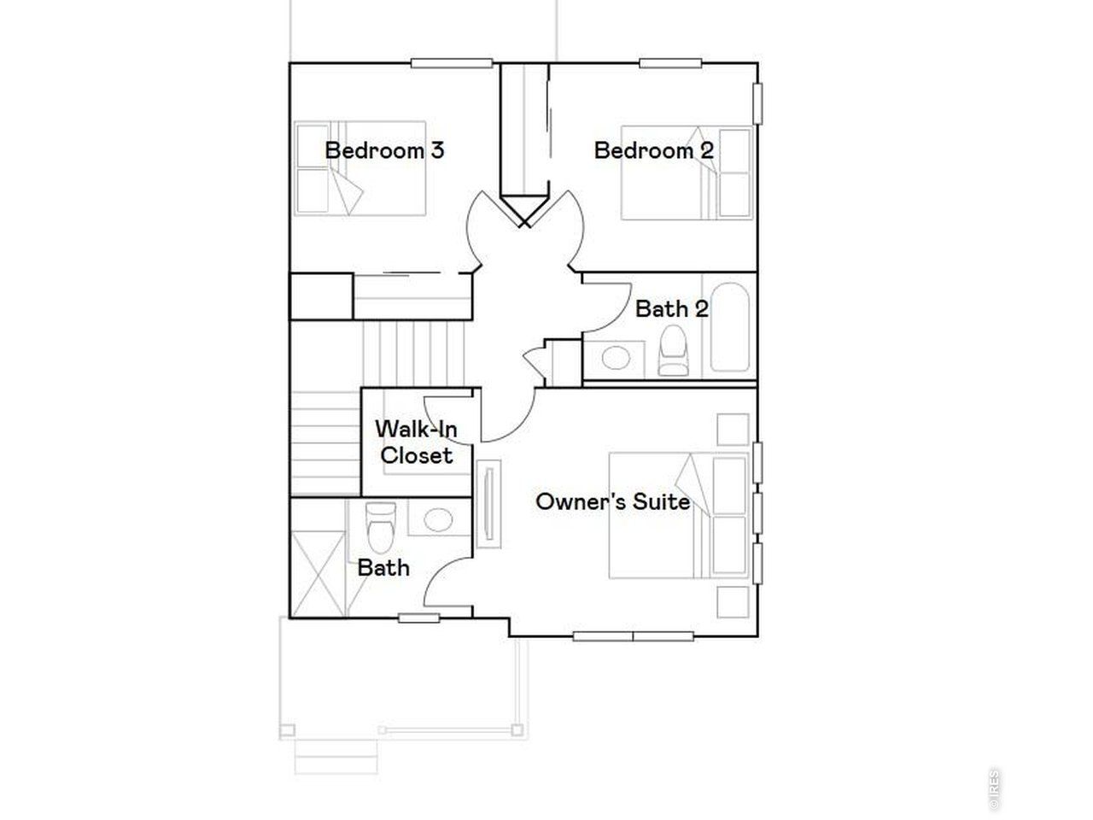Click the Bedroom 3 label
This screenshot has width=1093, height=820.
384,151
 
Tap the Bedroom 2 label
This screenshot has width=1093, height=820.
653,151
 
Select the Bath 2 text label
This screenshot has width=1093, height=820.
671,309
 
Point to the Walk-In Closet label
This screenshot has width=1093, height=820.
417,442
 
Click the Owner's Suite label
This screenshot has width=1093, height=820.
612,501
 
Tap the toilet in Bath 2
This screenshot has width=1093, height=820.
673,353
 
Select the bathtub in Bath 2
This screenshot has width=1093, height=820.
730,327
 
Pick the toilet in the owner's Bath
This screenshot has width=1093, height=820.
380,524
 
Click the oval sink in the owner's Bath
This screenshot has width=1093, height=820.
439,518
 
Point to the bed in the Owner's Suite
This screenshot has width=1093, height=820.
679,515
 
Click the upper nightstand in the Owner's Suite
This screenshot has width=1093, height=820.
733,429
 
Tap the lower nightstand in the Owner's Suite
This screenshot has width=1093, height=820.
733,602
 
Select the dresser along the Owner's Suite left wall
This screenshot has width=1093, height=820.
489,505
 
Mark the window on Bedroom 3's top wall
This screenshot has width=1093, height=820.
452,62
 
